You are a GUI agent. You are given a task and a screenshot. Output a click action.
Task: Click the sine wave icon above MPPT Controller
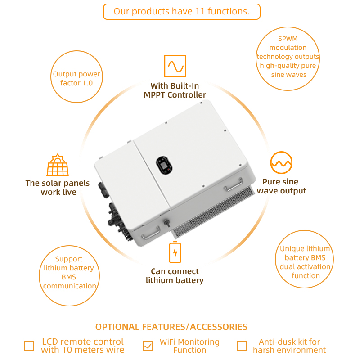coord(175,66)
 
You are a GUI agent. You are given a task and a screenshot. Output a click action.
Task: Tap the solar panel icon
coord(58,165)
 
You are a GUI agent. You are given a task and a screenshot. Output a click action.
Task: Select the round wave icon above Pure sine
coord(281,162)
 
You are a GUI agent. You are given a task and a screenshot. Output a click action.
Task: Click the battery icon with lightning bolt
coord(175,252)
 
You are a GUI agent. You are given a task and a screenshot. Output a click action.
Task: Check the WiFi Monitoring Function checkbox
coord(148,346)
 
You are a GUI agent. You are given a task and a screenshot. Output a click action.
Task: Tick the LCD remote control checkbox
coord(29,346)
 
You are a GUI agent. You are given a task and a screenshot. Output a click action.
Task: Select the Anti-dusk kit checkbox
coord(242,346)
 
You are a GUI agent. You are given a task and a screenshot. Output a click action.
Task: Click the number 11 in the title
coord(200,12)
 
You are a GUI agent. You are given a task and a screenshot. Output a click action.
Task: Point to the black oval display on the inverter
coord(164,165)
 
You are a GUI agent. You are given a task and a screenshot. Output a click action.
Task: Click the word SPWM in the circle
coord(288,39)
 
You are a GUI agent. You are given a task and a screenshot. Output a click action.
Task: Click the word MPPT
coord(154,95)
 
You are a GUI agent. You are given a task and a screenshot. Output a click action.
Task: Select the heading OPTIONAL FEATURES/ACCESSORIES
coord(171,327)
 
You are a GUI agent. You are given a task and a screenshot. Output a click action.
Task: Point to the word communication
coord(70,286)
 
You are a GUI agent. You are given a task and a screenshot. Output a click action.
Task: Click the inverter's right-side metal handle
coord(233,184)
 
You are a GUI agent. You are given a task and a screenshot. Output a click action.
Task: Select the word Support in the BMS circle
coord(69,259)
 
